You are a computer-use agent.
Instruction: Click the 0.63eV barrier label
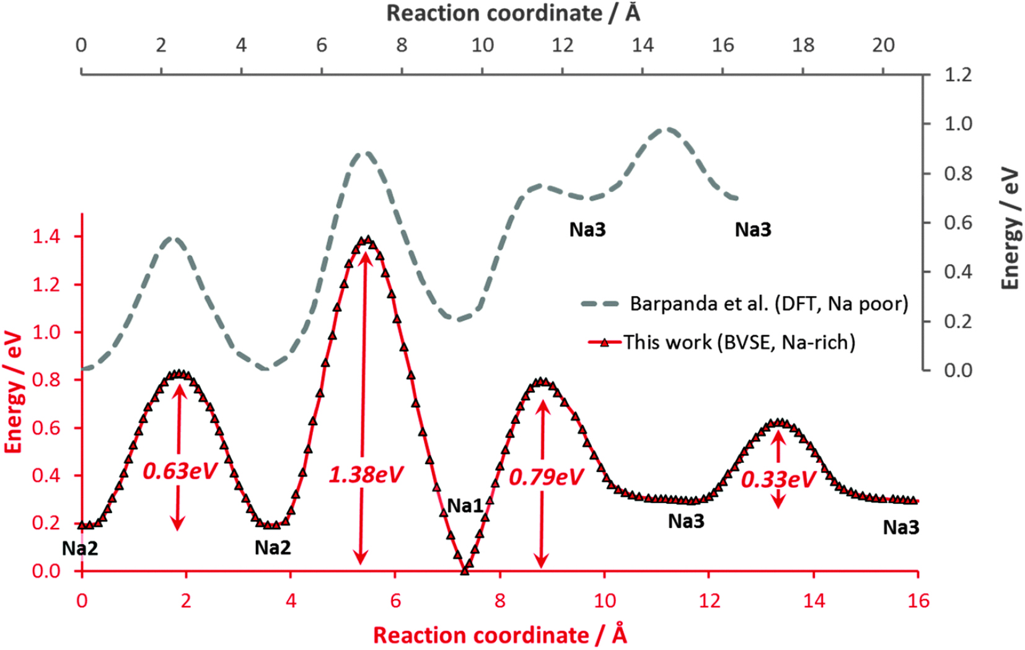pos(180,472)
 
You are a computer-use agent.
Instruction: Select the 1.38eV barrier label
pos(366,475)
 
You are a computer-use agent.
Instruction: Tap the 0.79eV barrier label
pos(546,478)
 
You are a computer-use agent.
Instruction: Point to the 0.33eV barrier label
pos(778,480)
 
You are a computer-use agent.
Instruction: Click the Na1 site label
pos(465,506)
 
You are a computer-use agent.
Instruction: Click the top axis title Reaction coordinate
pos(513,13)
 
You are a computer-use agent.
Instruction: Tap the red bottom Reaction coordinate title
pos(499,635)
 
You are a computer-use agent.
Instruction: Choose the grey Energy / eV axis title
pos(1010,228)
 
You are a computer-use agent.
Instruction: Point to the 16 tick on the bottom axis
pos(918,600)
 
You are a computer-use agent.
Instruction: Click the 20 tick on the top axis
pos(883,45)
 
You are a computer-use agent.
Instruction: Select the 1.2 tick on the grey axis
pos(957,75)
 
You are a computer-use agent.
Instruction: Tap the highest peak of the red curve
pos(367,240)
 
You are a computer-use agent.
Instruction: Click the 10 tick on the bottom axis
pos(605,600)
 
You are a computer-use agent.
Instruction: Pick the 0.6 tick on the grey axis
pos(957,222)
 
